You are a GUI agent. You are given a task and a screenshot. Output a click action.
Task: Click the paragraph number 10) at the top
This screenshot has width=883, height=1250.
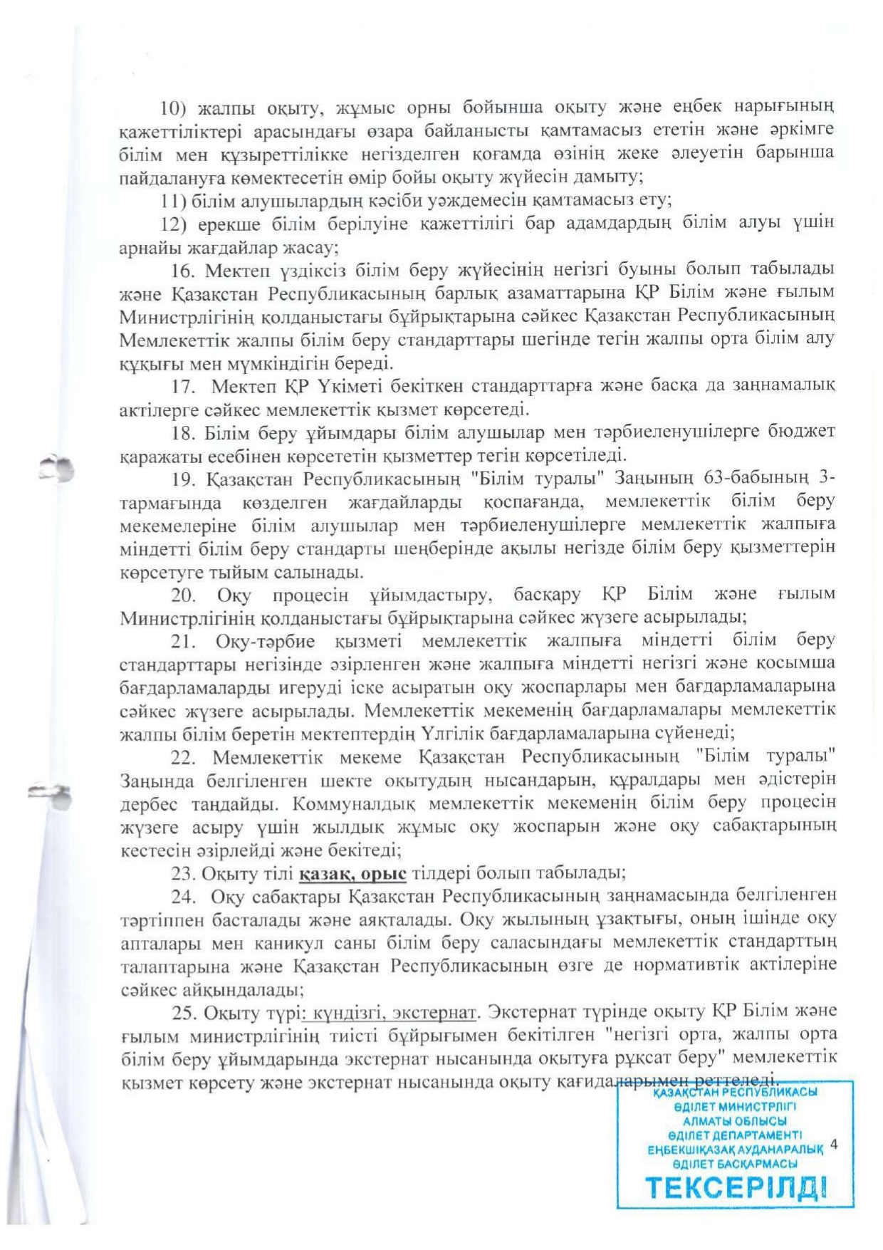(x=172, y=108)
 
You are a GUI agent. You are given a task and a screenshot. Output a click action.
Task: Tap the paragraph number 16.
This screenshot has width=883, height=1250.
(x=182, y=270)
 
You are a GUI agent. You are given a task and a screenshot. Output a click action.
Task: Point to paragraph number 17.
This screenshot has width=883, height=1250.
(x=183, y=386)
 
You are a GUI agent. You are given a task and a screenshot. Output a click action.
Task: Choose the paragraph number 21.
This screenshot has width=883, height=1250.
(x=183, y=640)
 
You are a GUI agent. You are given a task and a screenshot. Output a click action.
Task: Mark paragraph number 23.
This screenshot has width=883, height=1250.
(x=183, y=873)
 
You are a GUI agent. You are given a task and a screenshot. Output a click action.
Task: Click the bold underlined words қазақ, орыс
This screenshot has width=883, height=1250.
(x=352, y=873)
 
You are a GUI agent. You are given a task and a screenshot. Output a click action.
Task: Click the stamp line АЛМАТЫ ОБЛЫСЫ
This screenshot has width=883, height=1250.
(x=735, y=1120)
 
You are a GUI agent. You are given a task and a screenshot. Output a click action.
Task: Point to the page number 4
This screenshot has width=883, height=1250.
(x=834, y=1145)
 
